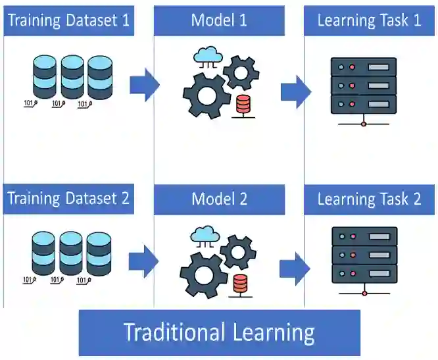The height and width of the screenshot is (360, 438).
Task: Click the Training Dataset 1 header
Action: (68, 20)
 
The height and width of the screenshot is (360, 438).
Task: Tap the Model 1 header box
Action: (219, 20)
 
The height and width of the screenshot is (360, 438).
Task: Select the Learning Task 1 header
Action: (369, 20)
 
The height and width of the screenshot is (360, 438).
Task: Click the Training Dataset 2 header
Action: (68, 198)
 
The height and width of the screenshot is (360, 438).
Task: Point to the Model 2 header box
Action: (219, 198)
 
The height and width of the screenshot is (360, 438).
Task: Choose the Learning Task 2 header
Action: (369, 198)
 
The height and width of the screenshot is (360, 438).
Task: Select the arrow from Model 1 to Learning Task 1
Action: (295, 91)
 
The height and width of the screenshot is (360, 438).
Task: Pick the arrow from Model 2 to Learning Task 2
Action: (295, 269)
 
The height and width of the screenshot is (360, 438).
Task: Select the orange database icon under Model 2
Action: (241, 284)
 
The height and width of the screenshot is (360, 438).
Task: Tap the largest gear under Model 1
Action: (207, 95)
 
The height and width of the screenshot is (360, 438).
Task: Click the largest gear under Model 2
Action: (204, 274)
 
